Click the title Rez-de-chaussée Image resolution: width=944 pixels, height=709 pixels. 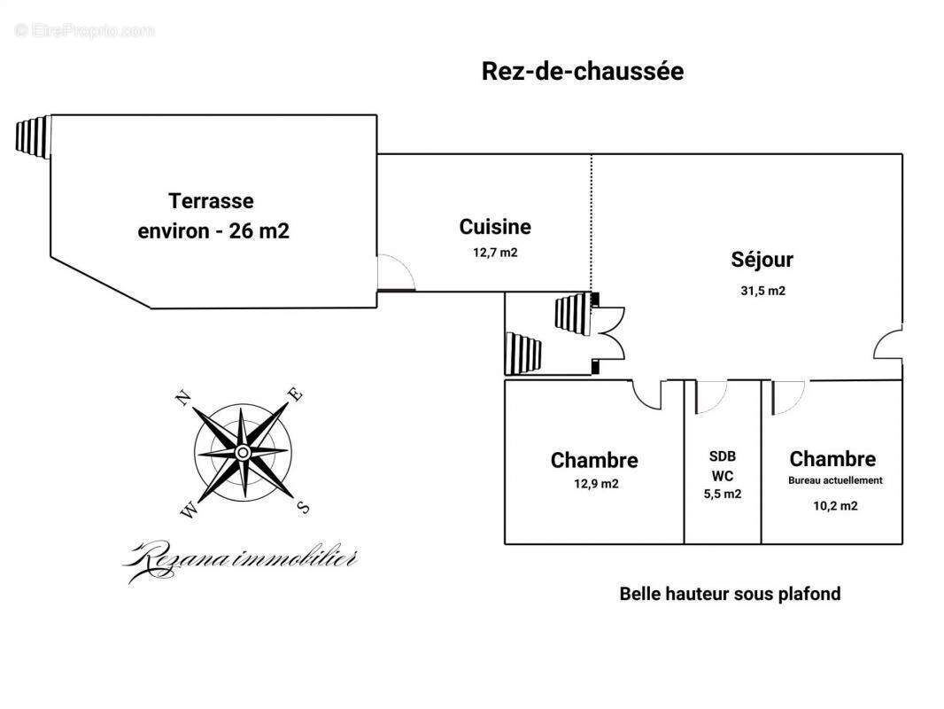tap(582, 71)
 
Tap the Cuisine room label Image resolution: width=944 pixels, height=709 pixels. tap(494, 227)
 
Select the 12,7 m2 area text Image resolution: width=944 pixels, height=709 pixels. tap(494, 253)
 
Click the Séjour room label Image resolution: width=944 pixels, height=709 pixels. tap(762, 260)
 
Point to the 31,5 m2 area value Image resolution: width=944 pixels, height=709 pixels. tap(762, 291)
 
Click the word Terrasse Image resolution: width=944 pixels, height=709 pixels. tap(211, 201)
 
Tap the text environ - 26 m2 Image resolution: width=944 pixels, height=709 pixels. tap(213, 231)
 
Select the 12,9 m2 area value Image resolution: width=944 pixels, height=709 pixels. tap(595, 485)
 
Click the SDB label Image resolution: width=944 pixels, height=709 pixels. tap(722, 457)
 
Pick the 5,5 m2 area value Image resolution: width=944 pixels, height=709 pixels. tap(722, 495)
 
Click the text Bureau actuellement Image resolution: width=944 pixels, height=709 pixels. tap(835, 480)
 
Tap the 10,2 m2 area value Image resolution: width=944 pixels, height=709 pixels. tap(835, 506)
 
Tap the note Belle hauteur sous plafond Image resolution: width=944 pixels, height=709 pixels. tap(730, 594)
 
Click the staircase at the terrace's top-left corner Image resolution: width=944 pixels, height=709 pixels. tap(34, 138)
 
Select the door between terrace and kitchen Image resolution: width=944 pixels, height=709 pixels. tap(395, 274)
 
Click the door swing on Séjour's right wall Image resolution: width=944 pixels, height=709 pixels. tap(888, 342)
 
